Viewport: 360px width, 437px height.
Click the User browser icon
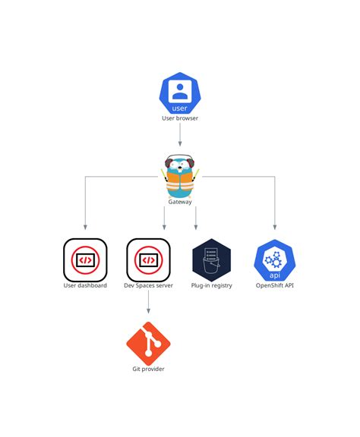pyautogui.click(x=180, y=93)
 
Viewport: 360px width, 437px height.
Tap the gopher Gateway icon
pyautogui.click(x=180, y=175)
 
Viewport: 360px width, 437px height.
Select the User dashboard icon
pyautogui.click(x=85, y=260)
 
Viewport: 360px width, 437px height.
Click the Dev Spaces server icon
pyautogui.click(x=148, y=260)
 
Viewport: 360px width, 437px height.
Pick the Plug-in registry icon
pyautogui.click(x=211, y=260)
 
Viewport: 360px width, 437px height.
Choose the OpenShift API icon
pyautogui.click(x=275, y=260)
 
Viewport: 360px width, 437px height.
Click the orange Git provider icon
pyautogui.click(x=148, y=343)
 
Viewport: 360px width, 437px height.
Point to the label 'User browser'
pyautogui.click(x=180, y=119)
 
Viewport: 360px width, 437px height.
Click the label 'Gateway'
pyautogui.click(x=180, y=202)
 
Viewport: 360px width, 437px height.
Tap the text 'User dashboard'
pyautogui.click(x=85, y=286)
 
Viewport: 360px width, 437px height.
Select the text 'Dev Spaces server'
pyautogui.click(x=148, y=286)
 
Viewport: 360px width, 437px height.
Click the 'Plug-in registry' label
pyautogui.click(x=211, y=286)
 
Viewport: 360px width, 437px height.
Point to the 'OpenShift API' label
pyautogui.click(x=275, y=286)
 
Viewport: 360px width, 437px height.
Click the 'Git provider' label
pyautogui.click(x=148, y=369)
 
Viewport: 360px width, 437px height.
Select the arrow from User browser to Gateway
pyautogui.click(x=180, y=135)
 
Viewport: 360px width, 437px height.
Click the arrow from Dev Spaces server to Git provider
pyautogui.click(x=148, y=302)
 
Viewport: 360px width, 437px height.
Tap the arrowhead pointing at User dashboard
pyautogui.click(x=85, y=226)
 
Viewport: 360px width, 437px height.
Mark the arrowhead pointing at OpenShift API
pyautogui.click(x=275, y=226)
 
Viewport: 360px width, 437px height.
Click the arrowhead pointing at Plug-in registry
pyautogui.click(x=196, y=226)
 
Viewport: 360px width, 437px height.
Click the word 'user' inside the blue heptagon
pyautogui.click(x=180, y=108)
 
